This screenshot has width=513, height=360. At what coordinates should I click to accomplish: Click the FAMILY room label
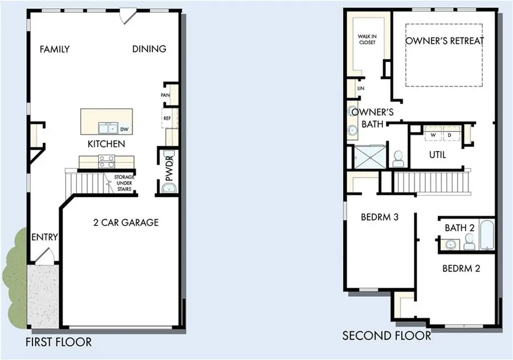[x=55, y=50]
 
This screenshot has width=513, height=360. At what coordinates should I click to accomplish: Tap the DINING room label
[x=149, y=50]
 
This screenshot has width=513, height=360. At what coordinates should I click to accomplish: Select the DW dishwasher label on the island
[x=124, y=130]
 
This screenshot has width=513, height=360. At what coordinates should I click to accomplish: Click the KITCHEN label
[x=106, y=144]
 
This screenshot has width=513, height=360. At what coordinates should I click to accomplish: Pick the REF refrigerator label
[x=168, y=118]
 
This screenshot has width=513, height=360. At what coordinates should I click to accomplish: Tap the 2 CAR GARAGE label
[x=126, y=223]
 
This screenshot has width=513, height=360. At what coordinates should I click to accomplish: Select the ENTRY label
[x=44, y=237]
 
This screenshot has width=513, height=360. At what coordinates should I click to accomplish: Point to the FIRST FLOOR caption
[x=59, y=342]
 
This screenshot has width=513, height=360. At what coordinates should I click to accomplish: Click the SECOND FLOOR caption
[x=386, y=336]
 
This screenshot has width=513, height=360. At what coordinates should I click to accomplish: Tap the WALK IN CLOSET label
[x=367, y=39]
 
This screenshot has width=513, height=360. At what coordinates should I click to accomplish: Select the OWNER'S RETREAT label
[x=445, y=41]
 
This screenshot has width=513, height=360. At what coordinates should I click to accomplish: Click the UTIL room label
[x=437, y=155]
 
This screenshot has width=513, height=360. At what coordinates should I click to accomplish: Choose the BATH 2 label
[x=460, y=228]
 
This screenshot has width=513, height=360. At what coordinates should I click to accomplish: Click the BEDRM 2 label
[x=461, y=268]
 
